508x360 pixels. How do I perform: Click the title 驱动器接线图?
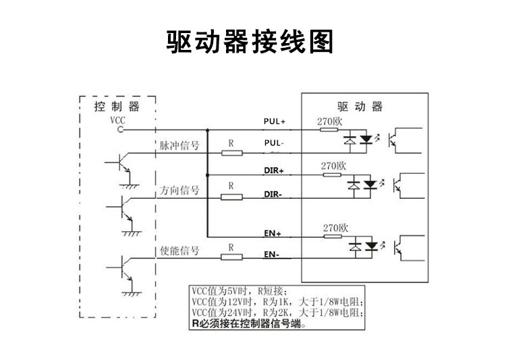(250, 42)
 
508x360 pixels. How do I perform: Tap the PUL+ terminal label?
(275, 122)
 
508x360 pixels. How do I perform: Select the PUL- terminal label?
(274, 144)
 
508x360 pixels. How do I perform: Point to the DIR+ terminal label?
(273, 171)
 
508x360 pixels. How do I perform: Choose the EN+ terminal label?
(273, 233)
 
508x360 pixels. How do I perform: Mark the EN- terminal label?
(272, 256)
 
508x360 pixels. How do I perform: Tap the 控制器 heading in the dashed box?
(116, 107)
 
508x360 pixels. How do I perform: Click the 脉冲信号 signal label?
(179, 146)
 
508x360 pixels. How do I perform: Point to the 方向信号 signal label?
(179, 191)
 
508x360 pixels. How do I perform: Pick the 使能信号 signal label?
(179, 251)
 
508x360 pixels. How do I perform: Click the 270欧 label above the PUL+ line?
(331, 121)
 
